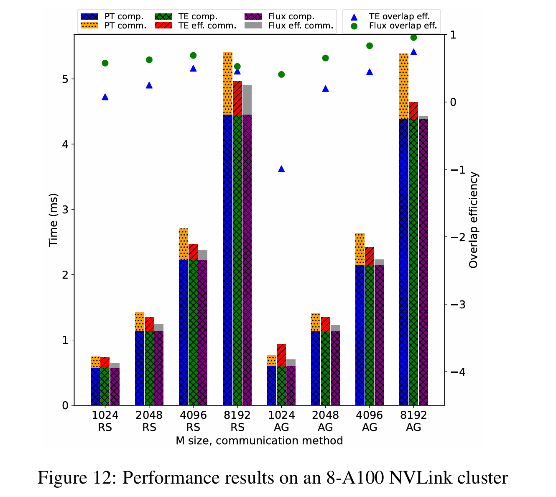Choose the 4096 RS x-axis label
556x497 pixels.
[x=193, y=421]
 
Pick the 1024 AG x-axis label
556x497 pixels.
[x=281, y=421]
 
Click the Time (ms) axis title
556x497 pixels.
[x=53, y=220]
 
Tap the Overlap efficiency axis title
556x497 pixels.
[x=473, y=220]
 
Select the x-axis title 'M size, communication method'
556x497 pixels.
[x=259, y=441]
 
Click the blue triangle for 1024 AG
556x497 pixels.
[x=281, y=169]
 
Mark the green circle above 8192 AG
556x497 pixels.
[x=414, y=38]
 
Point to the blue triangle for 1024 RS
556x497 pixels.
[x=105, y=97]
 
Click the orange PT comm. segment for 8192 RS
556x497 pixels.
[x=228, y=83]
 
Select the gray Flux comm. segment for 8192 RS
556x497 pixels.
[x=247, y=100]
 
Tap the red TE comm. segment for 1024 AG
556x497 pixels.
[x=281, y=355]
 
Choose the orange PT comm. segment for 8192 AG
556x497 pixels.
[x=404, y=86]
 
